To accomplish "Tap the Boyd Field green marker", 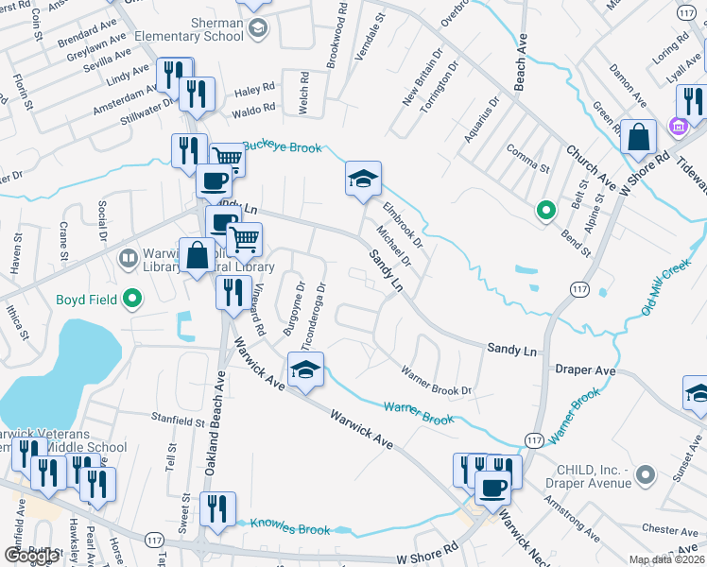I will point(132,301).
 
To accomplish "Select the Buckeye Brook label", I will point(283,146).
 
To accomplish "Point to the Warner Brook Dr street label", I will point(436,380).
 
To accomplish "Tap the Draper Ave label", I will point(585,371).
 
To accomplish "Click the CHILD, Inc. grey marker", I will point(647,473).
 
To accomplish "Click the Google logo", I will point(31,555).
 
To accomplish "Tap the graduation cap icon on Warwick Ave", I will point(306,372).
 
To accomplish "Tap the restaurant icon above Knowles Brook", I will point(217,509).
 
